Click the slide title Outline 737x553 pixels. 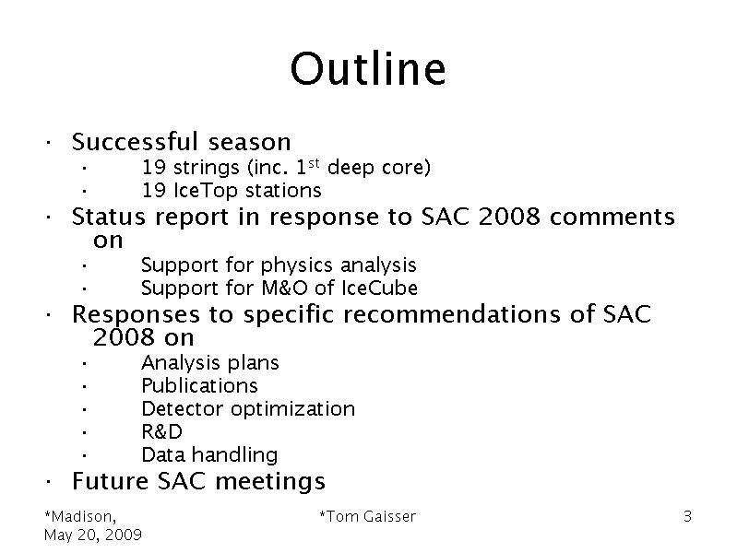click(x=368, y=68)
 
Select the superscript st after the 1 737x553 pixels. click(x=314, y=162)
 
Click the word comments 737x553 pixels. click(x=612, y=217)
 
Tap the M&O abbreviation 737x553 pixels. click(x=284, y=288)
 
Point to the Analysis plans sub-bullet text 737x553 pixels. click(x=210, y=363)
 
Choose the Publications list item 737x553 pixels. click(x=200, y=386)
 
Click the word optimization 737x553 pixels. click(x=292, y=409)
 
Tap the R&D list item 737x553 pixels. click(x=161, y=431)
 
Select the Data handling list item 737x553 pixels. click(x=209, y=454)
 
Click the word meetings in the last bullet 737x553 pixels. click(x=270, y=481)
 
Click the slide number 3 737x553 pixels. click(x=687, y=516)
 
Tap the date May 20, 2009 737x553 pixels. click(x=93, y=535)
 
